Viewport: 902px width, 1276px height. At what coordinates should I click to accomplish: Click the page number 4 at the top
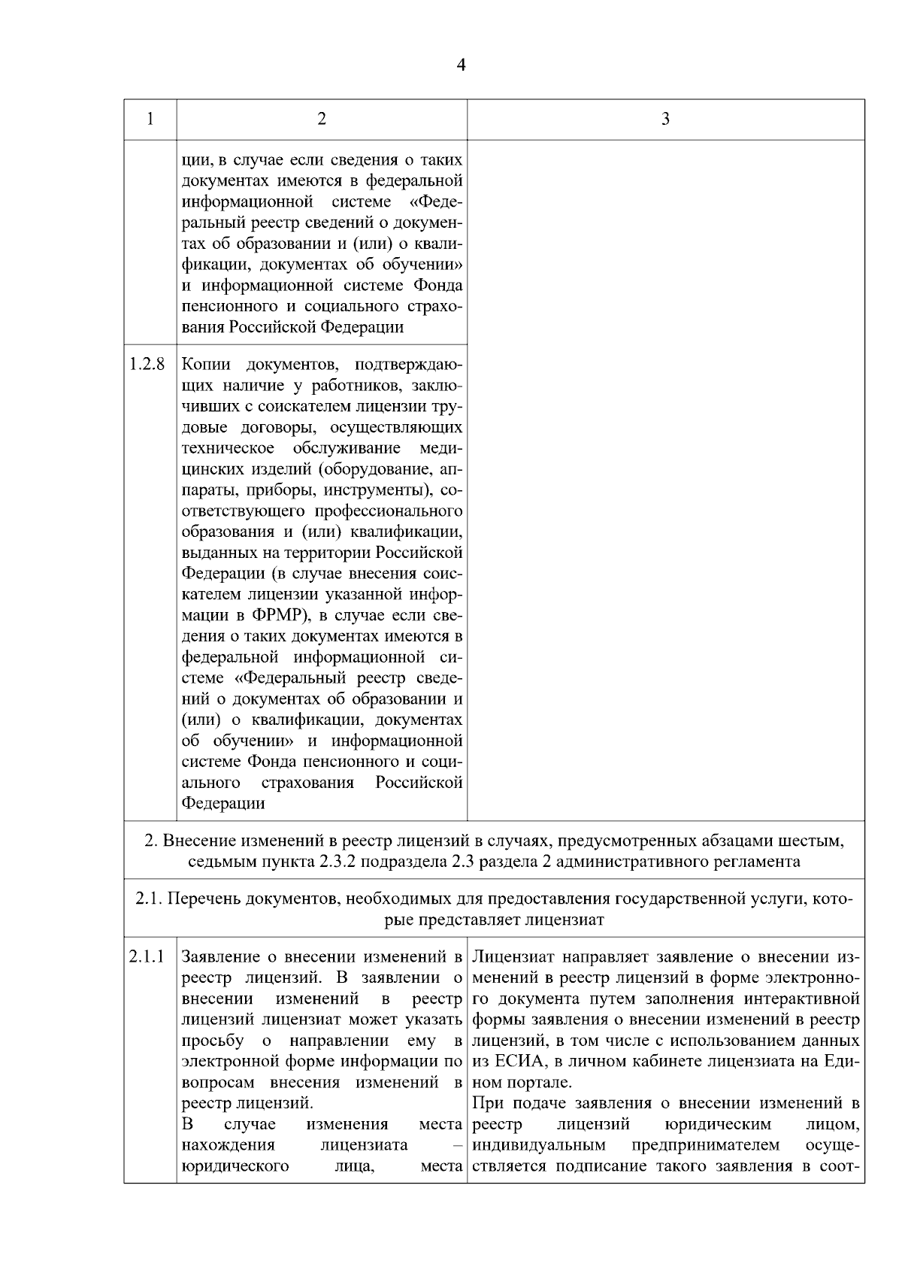pos(461,65)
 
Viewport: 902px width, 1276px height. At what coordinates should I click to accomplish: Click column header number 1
pos(150,119)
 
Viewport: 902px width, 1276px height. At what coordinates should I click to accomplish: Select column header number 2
pos(322,119)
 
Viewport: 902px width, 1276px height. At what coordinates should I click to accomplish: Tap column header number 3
pos(665,119)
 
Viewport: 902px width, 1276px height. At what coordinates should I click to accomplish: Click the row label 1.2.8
pos(147,365)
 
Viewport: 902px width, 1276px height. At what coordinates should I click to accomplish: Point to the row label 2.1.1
pos(147,957)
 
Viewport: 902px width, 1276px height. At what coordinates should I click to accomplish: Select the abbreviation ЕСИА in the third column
pos(516,1062)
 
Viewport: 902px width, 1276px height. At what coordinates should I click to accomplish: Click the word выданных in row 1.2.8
pos(215,553)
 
